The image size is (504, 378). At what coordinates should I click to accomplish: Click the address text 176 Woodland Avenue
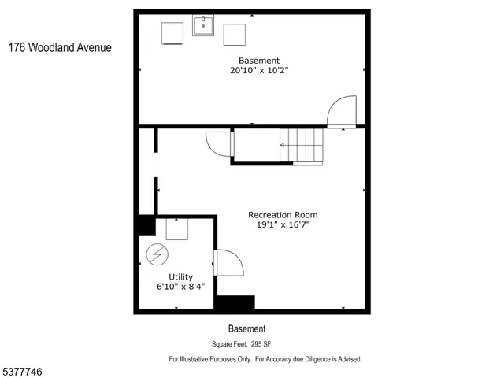tap(60, 47)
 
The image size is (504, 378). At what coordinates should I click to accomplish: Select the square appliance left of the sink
tap(173, 35)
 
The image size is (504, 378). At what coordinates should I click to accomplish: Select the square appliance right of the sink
tap(234, 35)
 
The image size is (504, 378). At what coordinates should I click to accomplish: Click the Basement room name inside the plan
tap(259, 61)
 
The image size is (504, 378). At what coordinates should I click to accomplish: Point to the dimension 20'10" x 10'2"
tap(259, 71)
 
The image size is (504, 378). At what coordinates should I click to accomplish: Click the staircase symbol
tap(302, 146)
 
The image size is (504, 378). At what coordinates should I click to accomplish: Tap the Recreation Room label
tap(283, 214)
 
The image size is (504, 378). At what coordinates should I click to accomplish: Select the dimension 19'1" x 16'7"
tap(283, 225)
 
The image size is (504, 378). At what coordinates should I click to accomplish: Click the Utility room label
tap(180, 276)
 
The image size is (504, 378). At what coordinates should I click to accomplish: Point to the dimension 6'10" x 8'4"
tap(180, 287)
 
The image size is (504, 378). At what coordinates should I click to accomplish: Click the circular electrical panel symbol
tap(157, 255)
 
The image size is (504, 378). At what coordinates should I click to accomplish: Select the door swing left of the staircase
tap(218, 143)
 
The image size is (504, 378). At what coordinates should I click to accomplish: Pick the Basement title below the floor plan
tap(246, 329)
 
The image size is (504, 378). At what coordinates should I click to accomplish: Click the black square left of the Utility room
tap(145, 225)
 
